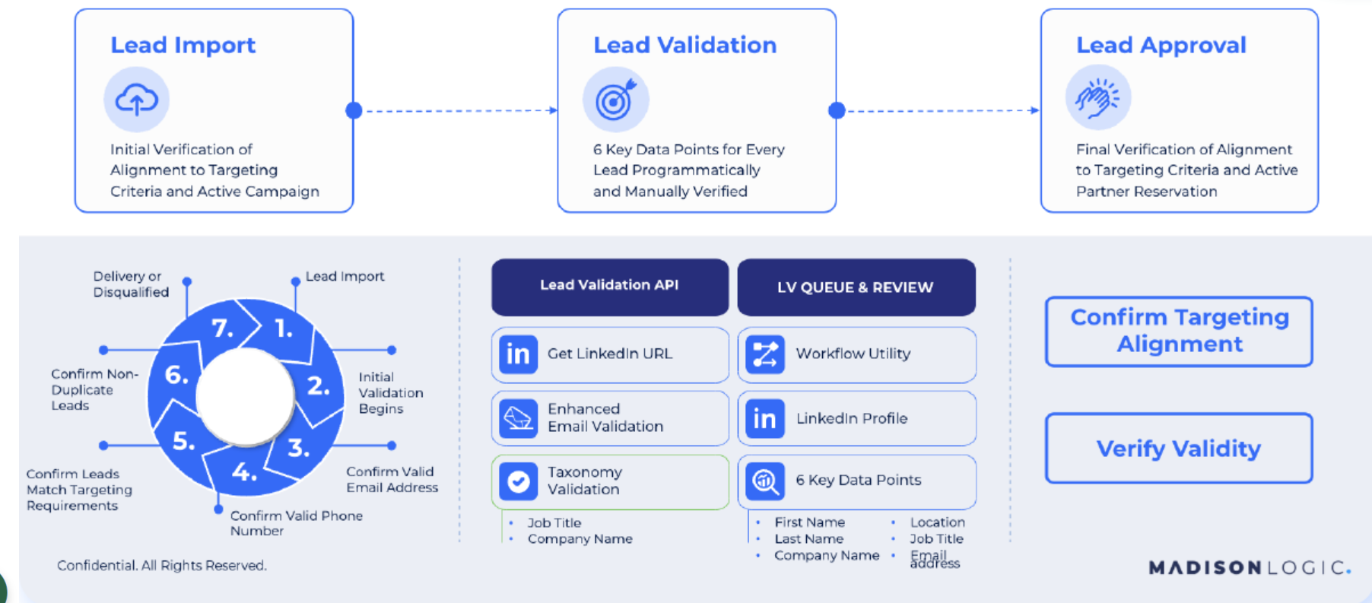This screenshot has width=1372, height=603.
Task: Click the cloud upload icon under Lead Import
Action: (x=137, y=100)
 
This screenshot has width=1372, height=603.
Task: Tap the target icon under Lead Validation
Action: (x=616, y=100)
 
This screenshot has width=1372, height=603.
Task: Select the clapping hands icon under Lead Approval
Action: (x=1098, y=98)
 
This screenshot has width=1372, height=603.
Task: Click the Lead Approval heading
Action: (x=1161, y=45)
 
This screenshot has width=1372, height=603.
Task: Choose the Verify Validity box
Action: (x=1179, y=448)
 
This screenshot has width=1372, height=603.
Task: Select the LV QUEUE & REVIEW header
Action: (x=856, y=287)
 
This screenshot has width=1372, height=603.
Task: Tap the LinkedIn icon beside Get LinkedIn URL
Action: (x=519, y=354)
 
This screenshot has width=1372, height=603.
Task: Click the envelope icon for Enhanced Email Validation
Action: (x=519, y=418)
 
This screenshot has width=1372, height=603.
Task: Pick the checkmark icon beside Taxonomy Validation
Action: (x=519, y=481)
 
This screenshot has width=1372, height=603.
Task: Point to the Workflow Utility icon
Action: (x=765, y=354)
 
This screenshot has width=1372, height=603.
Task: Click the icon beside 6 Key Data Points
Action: (x=765, y=481)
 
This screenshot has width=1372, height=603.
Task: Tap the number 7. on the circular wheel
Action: (x=222, y=328)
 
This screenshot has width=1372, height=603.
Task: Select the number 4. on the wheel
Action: (x=244, y=472)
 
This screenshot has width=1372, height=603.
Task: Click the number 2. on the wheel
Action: (x=319, y=386)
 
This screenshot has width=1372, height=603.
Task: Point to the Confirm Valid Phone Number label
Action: (x=297, y=523)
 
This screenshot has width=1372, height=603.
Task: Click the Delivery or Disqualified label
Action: (x=131, y=284)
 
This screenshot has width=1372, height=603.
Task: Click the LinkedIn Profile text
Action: (x=852, y=418)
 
